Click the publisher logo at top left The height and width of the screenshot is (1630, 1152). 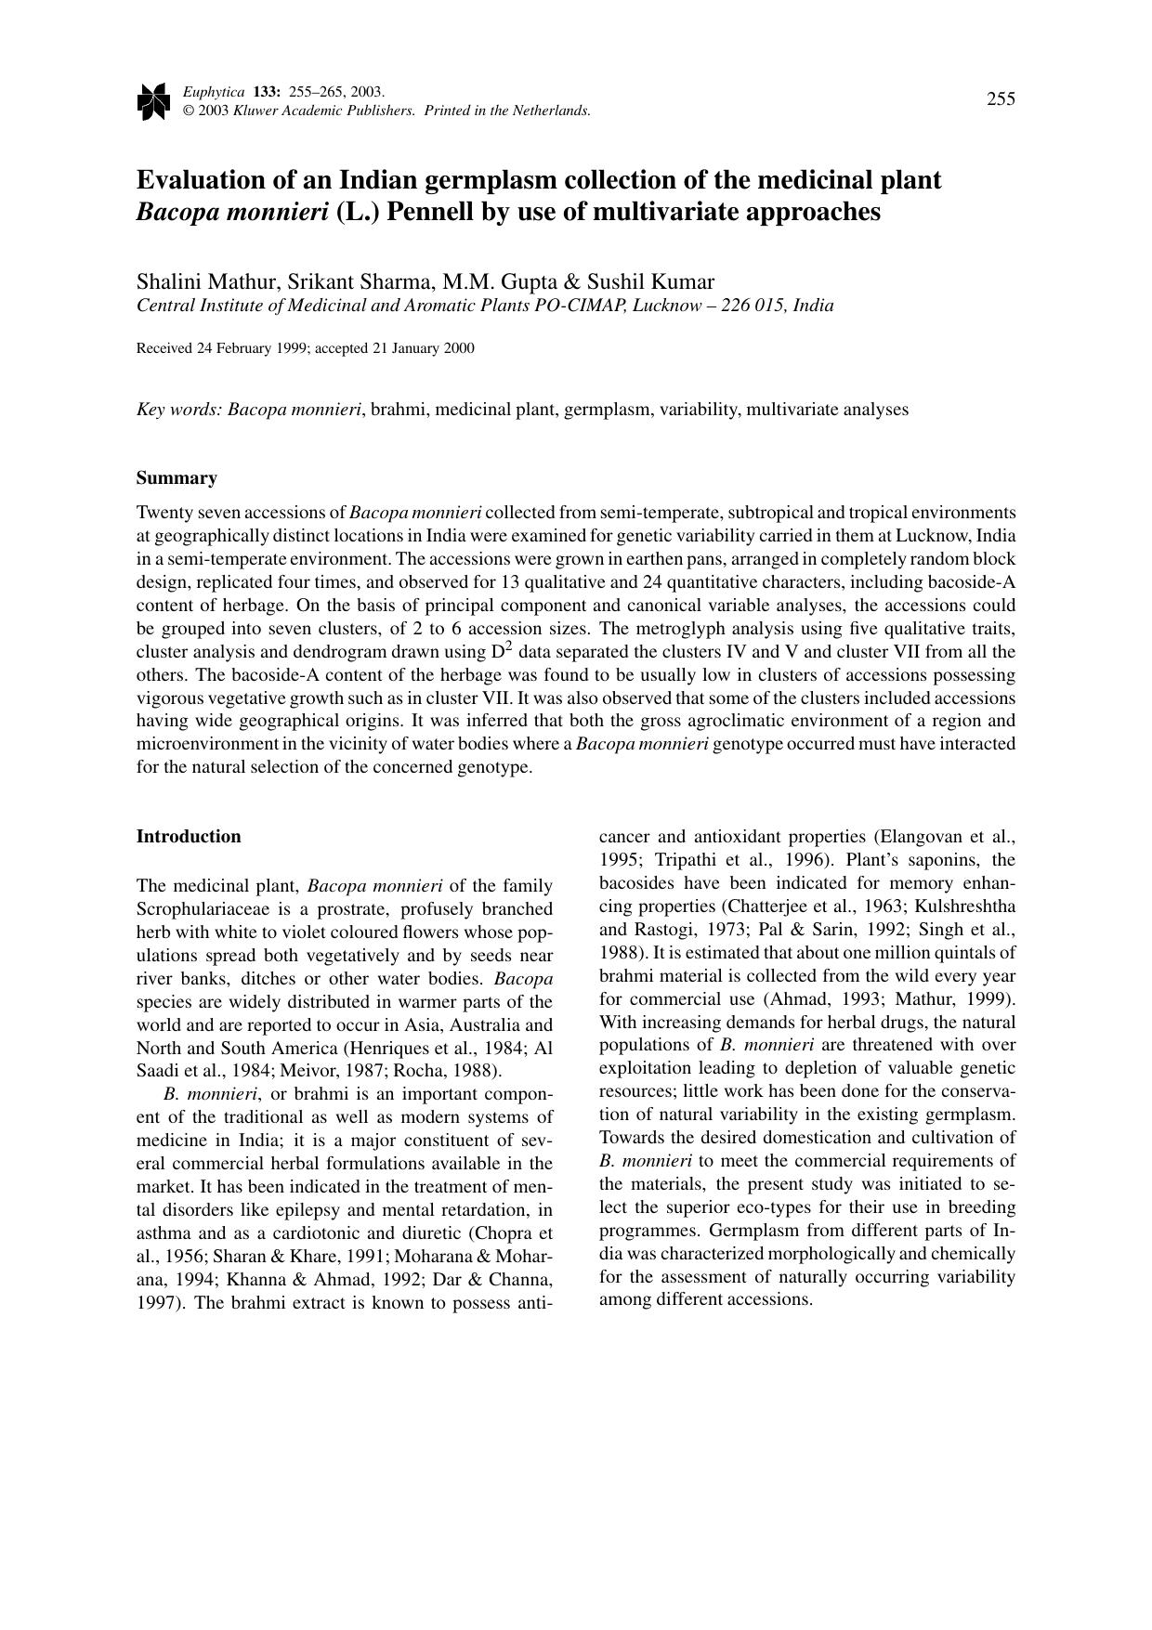(x=152, y=101)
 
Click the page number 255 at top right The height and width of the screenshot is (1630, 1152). (x=1001, y=99)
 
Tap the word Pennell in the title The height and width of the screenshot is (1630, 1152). (x=430, y=212)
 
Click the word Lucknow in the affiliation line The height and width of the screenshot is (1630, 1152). (x=665, y=306)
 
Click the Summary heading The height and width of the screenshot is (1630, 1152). (x=177, y=478)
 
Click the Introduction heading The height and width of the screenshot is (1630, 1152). (x=189, y=837)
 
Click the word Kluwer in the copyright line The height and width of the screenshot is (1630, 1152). (x=256, y=111)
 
